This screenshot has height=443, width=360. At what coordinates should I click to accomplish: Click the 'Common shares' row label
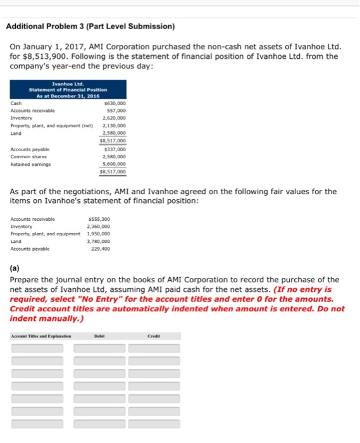28,156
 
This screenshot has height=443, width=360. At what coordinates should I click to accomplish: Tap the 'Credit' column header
155,336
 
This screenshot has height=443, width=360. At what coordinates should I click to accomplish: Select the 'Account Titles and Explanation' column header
37,336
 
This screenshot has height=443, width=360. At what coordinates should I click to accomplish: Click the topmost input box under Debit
99,348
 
